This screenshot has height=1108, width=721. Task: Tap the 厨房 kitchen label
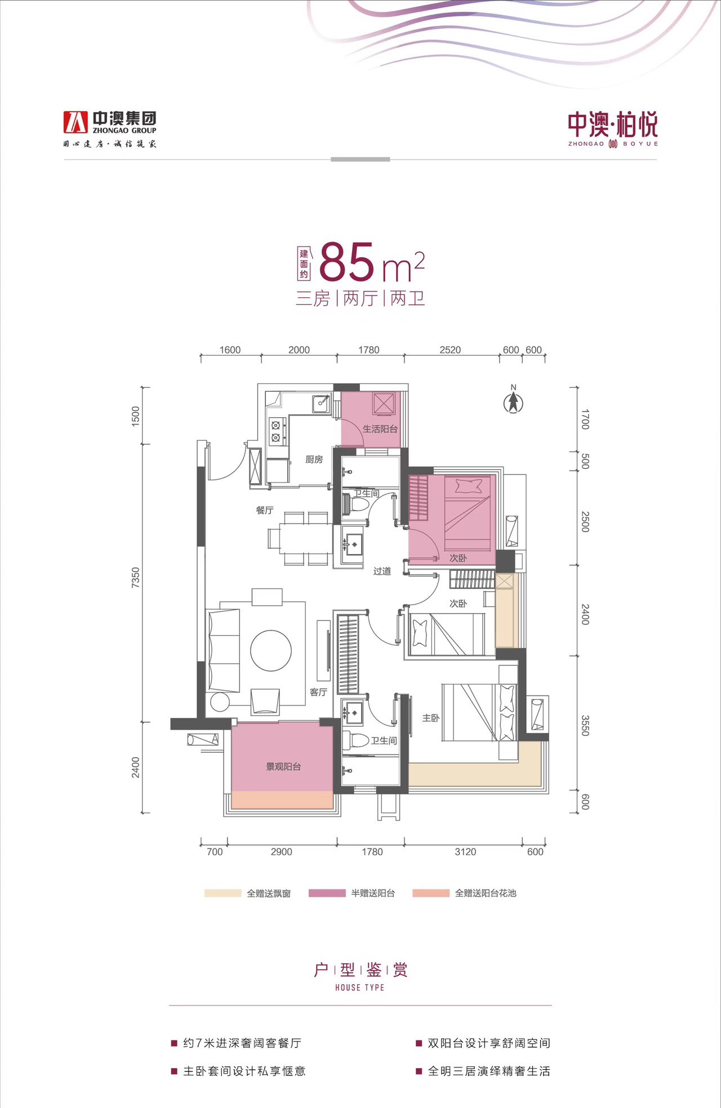point(314,459)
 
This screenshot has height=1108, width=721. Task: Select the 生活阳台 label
point(380,429)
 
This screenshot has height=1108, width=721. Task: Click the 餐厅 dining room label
point(265,510)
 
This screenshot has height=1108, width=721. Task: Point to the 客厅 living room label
point(318,692)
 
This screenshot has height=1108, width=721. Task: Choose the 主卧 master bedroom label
point(431,718)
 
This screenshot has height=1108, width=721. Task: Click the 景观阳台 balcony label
point(283,767)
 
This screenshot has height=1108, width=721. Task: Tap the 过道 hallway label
point(382,571)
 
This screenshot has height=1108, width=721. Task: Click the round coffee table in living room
point(271,650)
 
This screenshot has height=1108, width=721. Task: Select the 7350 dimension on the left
point(135,578)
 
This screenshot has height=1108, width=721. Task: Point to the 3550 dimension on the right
point(585,725)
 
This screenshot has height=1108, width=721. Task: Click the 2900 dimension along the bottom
point(281,852)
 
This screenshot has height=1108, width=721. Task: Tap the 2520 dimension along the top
point(450,350)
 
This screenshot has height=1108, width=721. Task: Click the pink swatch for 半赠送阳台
point(327,893)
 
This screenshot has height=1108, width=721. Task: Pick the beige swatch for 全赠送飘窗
point(222,893)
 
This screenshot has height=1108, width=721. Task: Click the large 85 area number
point(347,262)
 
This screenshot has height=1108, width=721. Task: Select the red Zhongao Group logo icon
point(75,122)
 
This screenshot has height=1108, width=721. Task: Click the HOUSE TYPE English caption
point(360,988)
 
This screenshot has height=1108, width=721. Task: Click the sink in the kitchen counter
point(321,403)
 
